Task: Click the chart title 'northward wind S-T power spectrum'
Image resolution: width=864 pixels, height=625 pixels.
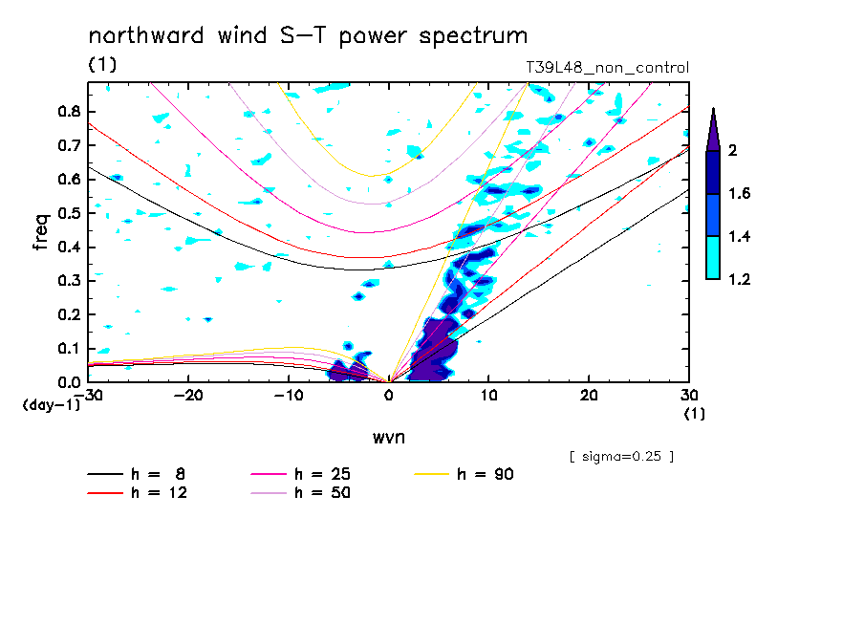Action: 308,36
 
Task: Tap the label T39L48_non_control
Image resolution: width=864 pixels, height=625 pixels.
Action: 607,68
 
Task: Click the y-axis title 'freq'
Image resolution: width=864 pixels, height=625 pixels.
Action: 40,232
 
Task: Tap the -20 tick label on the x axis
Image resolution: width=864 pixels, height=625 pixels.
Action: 188,396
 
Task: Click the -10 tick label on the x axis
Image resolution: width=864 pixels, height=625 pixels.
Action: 288,396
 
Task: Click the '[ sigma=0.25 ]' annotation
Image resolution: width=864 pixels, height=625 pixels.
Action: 621,456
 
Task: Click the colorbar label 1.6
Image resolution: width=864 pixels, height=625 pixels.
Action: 738,193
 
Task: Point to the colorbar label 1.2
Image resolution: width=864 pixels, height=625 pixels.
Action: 738,279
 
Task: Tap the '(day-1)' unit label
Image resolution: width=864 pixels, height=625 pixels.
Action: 51,404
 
